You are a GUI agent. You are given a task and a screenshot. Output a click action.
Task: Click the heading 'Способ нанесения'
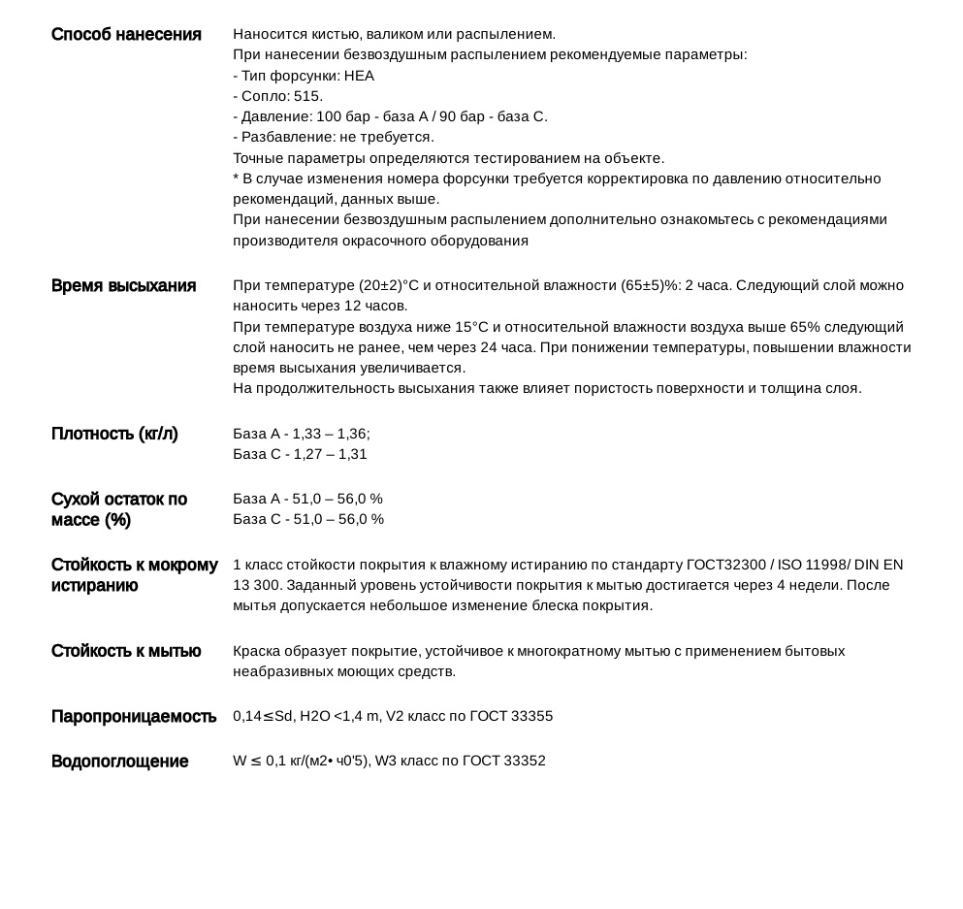126,35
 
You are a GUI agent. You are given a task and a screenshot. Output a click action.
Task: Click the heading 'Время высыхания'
123,286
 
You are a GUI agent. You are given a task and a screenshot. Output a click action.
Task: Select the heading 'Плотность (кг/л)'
114,434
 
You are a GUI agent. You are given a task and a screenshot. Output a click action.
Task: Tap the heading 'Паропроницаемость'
134,717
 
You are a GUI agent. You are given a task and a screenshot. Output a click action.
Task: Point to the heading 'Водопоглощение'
119,762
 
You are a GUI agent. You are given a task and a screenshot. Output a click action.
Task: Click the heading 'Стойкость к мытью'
126,651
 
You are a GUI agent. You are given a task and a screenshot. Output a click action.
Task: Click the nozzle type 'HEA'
359,76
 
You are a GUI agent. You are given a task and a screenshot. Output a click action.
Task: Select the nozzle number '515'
306,96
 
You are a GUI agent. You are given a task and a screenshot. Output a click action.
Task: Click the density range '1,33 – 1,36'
329,434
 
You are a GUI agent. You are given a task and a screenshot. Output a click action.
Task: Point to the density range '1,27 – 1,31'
329,454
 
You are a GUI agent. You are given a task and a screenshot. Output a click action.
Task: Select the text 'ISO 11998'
819,565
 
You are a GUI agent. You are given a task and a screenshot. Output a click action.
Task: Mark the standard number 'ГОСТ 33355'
511,717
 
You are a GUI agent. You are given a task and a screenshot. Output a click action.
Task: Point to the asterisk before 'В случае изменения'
236,179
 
